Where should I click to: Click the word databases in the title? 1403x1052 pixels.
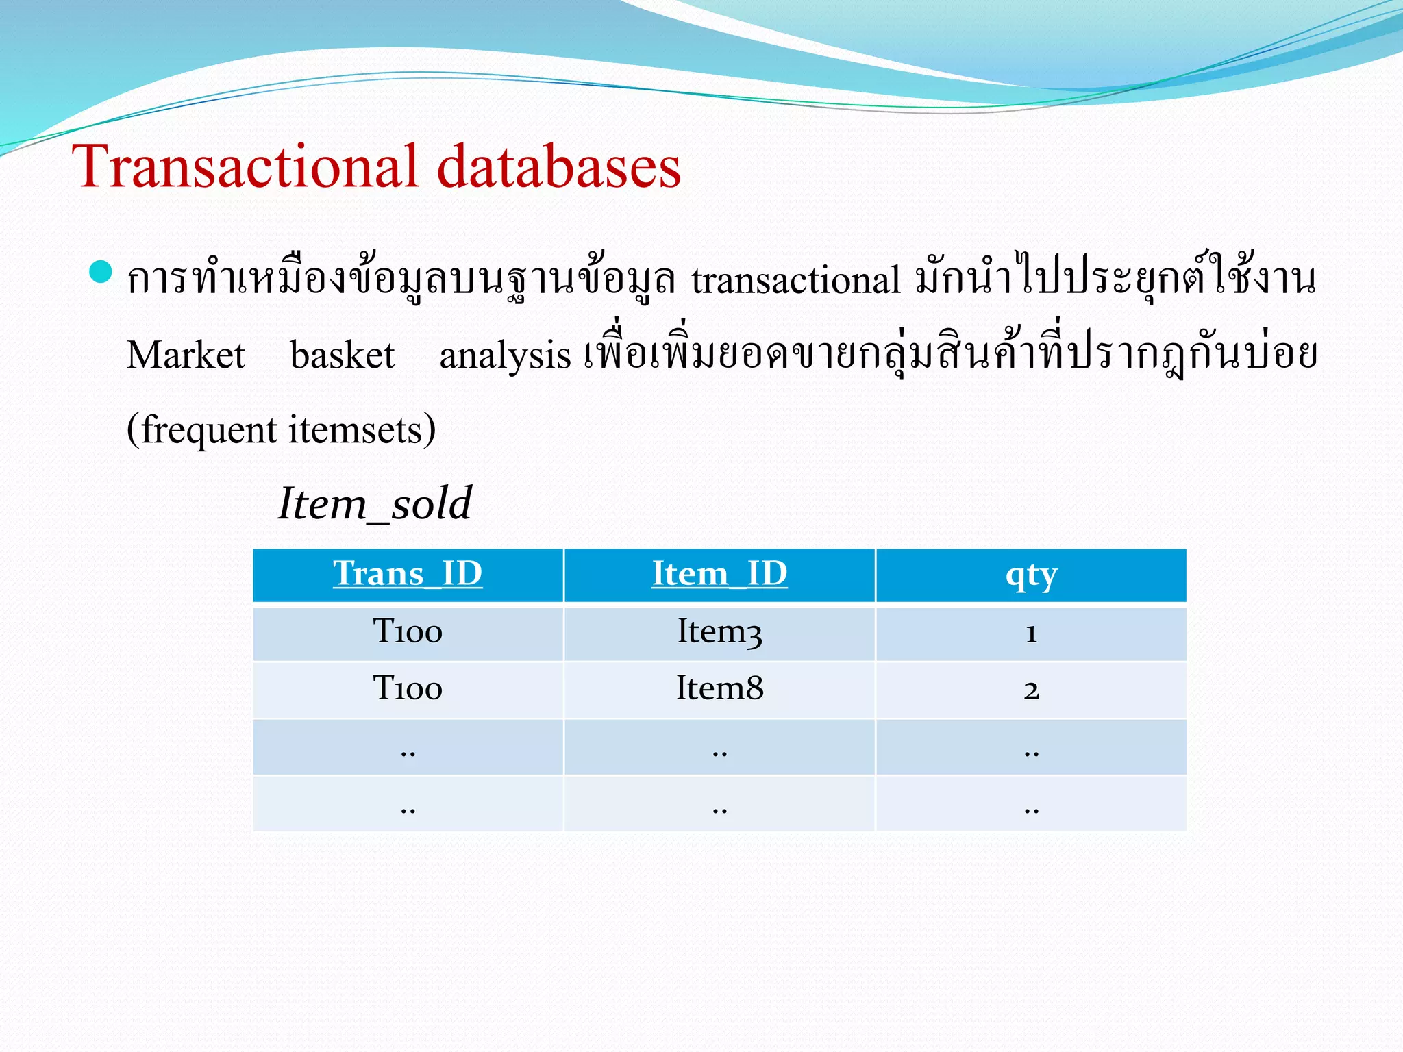[x=558, y=166]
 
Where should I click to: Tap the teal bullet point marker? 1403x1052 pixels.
[x=101, y=272]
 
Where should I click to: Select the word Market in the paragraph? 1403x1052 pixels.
[x=186, y=355]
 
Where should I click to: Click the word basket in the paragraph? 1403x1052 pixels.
[x=342, y=355]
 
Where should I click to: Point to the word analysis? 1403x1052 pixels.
[x=505, y=356]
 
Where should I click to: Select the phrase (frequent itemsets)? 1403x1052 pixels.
[x=281, y=430]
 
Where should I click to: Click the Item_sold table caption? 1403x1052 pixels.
[x=375, y=503]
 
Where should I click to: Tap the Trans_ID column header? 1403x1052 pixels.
[x=408, y=574]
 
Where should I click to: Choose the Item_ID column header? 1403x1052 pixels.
[x=719, y=574]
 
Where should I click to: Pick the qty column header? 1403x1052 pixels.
[x=1031, y=576]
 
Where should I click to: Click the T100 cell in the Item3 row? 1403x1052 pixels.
[x=408, y=631]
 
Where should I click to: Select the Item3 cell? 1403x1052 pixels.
[x=719, y=631]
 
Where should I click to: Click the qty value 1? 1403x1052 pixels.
[x=1031, y=634]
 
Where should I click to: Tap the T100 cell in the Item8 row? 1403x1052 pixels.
[x=408, y=688]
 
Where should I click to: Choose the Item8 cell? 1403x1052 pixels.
[x=719, y=688]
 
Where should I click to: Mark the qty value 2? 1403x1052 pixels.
[x=1031, y=690]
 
